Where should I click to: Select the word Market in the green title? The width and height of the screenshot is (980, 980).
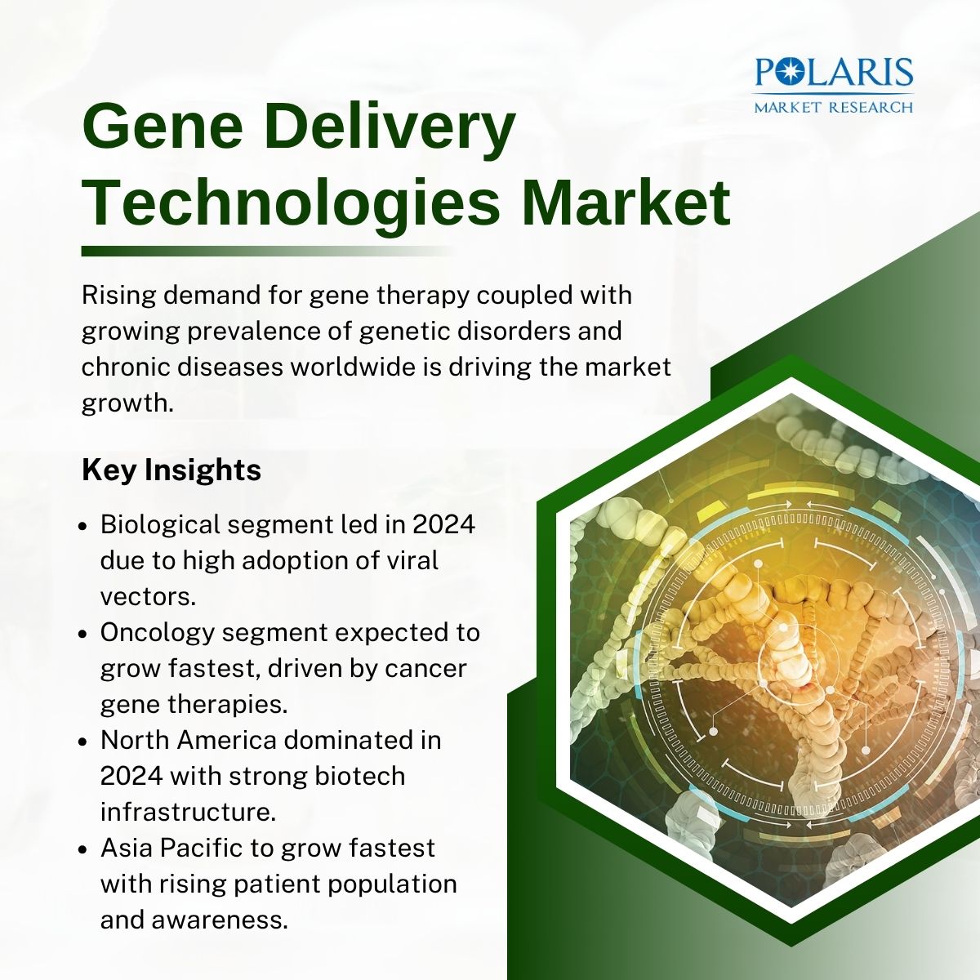point(626,202)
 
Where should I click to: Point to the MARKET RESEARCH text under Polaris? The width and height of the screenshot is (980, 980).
point(834,107)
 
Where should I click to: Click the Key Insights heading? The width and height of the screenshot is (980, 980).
point(171,470)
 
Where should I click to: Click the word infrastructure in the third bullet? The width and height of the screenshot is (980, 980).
point(188,812)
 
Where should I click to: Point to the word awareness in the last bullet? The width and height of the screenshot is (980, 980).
point(220,921)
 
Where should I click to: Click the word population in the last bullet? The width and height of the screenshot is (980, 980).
point(392,886)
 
